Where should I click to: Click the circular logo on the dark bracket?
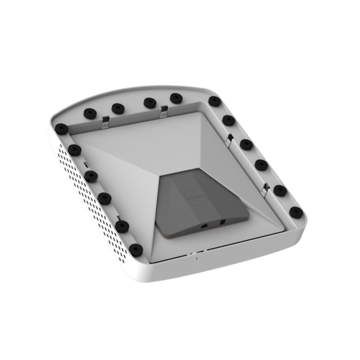tap(194, 195)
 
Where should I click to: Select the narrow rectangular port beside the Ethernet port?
tap(223, 222)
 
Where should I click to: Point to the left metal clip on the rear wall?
tap(105, 121)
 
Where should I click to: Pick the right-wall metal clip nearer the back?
tap(229, 140)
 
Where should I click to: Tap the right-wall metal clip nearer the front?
tap(265, 189)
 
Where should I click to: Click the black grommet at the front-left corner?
tap(136, 249)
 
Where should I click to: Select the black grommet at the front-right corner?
tap(297, 212)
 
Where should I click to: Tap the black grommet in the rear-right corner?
tap(215, 101)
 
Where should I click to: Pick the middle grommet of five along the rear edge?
tap(149, 102)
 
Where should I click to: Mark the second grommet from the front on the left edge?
tap(122, 226)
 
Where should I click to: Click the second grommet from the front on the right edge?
tap(280, 190)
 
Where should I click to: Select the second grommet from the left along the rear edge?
tap(118, 108)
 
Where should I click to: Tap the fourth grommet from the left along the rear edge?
tap(176, 98)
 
